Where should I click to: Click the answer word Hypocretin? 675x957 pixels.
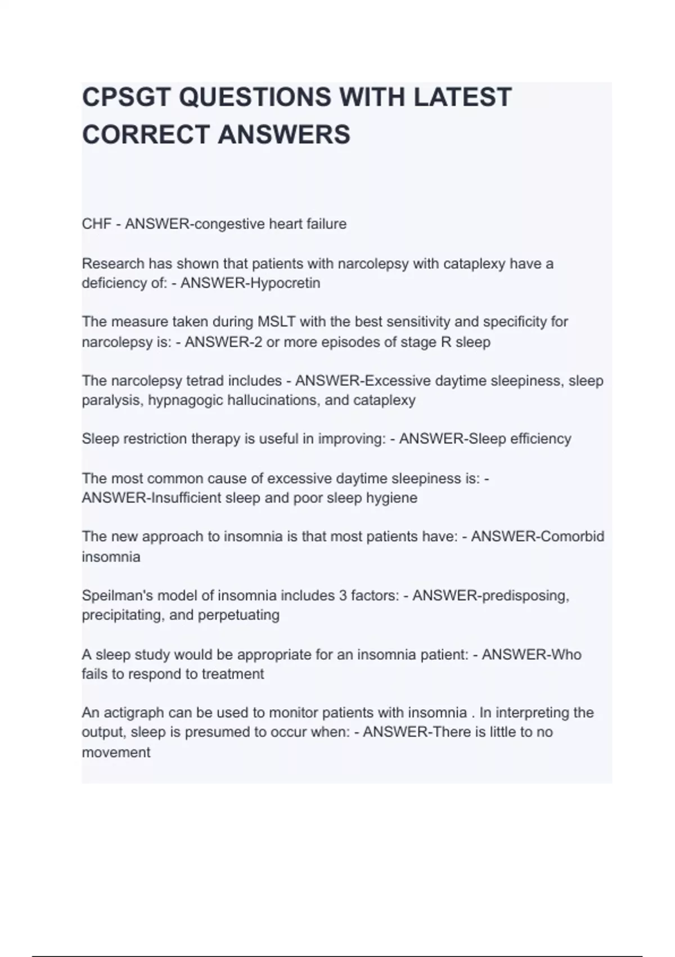coord(285,283)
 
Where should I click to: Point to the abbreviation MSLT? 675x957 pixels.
coord(276,322)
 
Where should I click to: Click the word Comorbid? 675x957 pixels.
coord(572,536)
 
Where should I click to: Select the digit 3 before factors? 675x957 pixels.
coord(343,596)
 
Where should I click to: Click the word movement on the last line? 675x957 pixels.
coord(116,753)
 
